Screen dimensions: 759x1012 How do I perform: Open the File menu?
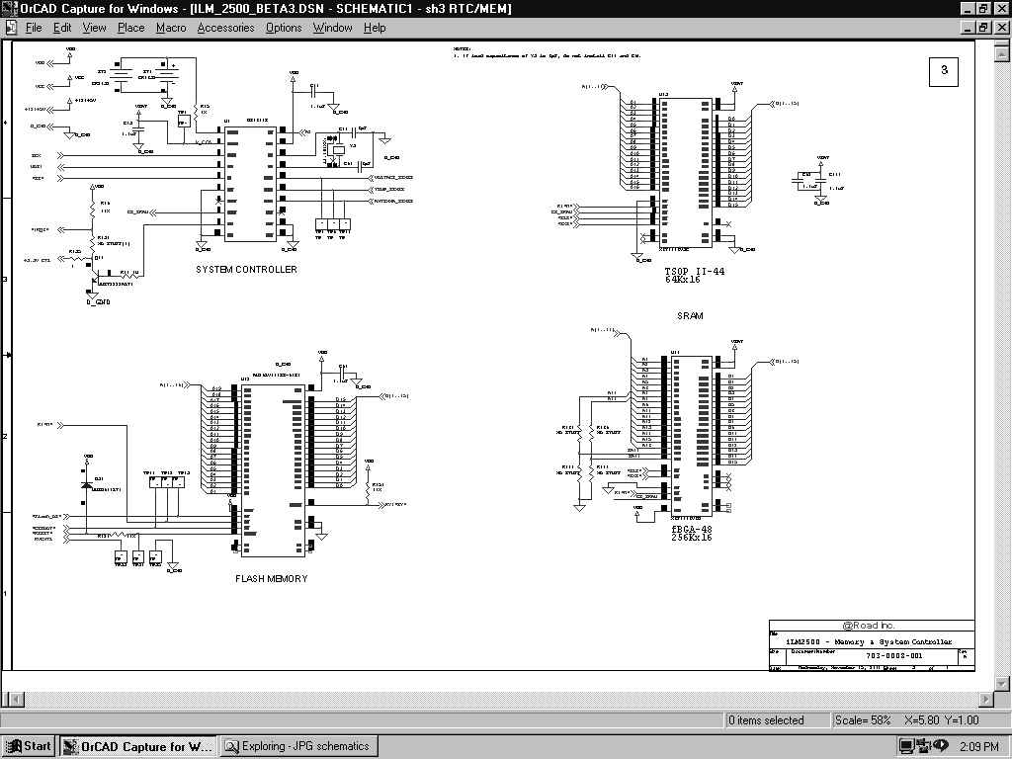(x=34, y=28)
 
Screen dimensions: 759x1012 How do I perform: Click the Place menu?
(x=130, y=28)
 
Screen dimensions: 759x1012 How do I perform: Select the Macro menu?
(x=171, y=28)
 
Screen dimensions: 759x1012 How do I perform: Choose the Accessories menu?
(x=225, y=28)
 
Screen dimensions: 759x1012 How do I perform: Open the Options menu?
(x=284, y=28)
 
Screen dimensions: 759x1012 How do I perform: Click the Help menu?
(x=375, y=28)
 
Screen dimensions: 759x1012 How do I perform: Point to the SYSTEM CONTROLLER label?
(x=246, y=270)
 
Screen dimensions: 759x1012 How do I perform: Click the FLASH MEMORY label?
(x=272, y=579)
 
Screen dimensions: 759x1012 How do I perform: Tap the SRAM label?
(x=690, y=316)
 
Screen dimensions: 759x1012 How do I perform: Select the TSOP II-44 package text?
(x=695, y=271)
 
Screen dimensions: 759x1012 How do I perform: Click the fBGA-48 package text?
(x=692, y=530)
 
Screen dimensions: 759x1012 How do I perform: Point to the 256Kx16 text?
(x=692, y=538)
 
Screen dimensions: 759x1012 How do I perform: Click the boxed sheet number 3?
(x=944, y=71)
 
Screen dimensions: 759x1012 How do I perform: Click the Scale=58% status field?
(x=863, y=720)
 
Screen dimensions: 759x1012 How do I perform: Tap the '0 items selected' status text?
(x=766, y=720)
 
